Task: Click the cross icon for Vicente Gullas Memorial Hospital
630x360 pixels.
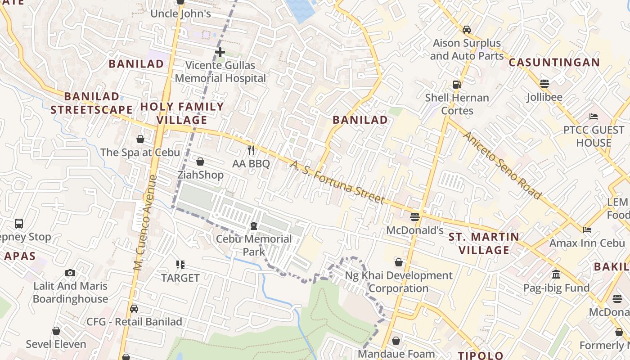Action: click(220, 52)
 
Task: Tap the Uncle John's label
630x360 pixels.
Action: click(180, 13)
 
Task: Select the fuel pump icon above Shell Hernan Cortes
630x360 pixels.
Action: click(457, 84)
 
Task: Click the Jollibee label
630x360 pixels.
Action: click(544, 97)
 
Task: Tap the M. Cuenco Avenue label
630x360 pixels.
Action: click(145, 222)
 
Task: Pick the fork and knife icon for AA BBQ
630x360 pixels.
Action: click(251, 150)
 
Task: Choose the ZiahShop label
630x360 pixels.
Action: click(200, 175)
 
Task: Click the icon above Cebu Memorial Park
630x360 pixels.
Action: click(254, 225)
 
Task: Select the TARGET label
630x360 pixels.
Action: click(180, 278)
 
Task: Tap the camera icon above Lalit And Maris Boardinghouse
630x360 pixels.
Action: click(70, 273)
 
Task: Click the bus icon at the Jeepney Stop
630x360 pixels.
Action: click(19, 223)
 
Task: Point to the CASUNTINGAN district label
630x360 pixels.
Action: click(554, 63)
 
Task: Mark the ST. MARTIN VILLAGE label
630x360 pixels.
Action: click(484, 243)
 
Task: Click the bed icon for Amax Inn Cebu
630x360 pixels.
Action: click(587, 229)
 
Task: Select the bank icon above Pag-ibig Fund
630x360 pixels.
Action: click(556, 274)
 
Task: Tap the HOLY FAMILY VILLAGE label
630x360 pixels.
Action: click(182, 113)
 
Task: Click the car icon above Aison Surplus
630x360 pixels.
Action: click(467, 30)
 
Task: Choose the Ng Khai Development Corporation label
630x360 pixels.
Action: click(399, 282)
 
